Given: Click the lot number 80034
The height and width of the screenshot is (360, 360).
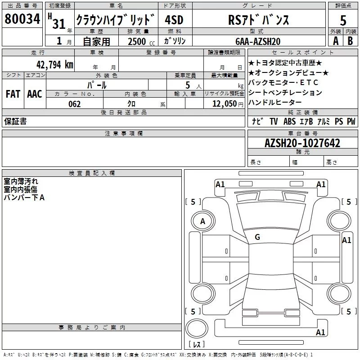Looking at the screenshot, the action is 22,19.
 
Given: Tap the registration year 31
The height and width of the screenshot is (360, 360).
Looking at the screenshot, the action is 58,23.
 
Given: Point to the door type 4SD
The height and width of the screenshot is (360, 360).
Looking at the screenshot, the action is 174,19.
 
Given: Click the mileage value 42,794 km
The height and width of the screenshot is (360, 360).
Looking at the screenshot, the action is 55,64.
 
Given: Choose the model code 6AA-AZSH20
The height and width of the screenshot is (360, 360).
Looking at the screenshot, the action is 258,41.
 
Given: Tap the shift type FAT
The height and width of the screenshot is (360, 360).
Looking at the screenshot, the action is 13,94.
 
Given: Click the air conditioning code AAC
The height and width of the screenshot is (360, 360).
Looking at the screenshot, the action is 34,94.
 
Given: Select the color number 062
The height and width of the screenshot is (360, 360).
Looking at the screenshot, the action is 75,104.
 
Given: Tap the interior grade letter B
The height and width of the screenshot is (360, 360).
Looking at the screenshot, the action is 350,41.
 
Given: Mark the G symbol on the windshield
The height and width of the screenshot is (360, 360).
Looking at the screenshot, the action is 257,237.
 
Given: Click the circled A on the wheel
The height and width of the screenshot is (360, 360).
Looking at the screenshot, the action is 203,221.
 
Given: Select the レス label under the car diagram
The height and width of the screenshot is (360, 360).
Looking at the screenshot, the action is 197,345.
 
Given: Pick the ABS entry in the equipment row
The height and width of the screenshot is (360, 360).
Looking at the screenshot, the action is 289,121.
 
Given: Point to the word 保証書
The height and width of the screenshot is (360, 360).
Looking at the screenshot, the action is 15,121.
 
